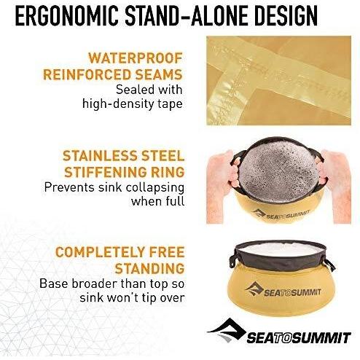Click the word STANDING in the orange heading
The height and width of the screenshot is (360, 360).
150,267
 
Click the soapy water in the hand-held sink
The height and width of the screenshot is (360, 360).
278,162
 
